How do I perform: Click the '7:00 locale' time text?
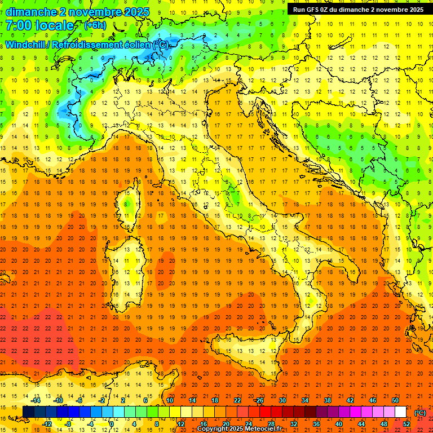[39, 25]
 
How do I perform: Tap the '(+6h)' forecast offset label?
[95, 25]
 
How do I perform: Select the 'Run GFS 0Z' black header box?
[358, 10]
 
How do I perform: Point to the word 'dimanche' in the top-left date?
[28, 12]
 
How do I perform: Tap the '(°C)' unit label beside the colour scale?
[420, 413]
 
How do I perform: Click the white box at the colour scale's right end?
[400, 412]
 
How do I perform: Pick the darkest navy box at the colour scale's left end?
[28, 412]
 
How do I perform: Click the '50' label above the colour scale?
[395, 400]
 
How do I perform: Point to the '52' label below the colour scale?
[406, 424]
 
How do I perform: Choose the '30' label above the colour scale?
[282, 400]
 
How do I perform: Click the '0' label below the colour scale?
[112, 424]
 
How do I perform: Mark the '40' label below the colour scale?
[338, 424]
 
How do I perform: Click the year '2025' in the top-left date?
[136, 12]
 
